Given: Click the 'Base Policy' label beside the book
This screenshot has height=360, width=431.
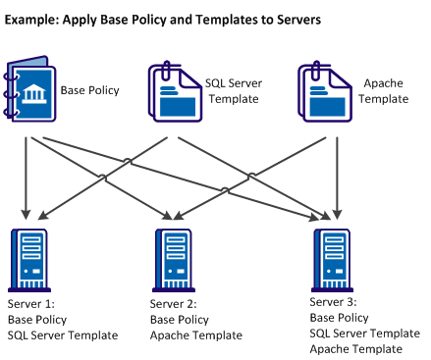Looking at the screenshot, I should pos(90,90).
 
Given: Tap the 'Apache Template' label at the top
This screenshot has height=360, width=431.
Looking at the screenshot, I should pos(385,91).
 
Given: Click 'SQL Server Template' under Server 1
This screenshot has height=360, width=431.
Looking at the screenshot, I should pos(63,335).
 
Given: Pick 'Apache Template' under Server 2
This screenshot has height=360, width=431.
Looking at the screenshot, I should pos(196,335).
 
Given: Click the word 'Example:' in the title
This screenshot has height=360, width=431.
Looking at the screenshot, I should pos(35,19).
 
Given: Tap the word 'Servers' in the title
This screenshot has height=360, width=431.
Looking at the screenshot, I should pos(292,19).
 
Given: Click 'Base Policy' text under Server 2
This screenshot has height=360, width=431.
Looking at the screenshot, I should pos(180,320).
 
